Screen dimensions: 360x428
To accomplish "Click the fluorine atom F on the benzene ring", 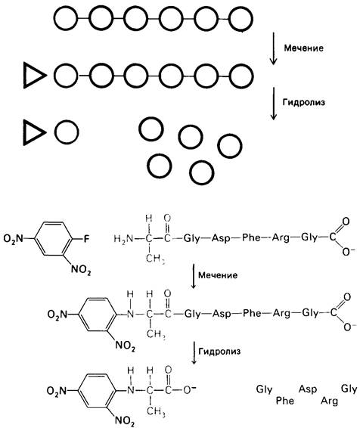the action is pos(86,240).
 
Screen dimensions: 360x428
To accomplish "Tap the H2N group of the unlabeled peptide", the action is pos(123,239).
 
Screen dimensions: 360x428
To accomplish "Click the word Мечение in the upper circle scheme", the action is pos(303,48).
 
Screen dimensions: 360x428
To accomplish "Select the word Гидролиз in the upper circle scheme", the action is pos(304,102).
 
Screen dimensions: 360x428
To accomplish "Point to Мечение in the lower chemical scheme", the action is pos(218,275).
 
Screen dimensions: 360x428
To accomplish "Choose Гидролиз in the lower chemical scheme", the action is pos(219,351).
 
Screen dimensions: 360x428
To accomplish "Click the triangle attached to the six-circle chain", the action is pos(34,76).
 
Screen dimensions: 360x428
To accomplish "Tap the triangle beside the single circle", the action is pos(34,132).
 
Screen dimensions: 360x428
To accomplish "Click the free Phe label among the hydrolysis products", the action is pos(284,401).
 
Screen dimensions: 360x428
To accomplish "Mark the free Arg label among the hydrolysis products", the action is pos(329,401).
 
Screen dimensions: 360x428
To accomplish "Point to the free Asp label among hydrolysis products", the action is pos(308,389).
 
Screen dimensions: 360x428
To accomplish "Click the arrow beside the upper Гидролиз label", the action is pos(273,104).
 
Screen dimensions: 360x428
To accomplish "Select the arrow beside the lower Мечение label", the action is pos(194,276).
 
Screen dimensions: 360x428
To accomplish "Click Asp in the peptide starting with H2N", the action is pos(221,238).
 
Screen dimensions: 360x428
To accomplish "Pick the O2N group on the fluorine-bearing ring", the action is pos(14,239).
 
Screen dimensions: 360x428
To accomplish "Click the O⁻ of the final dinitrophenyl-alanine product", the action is pos(189,389).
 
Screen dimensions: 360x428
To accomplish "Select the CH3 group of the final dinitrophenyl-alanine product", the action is pos(156,411).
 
